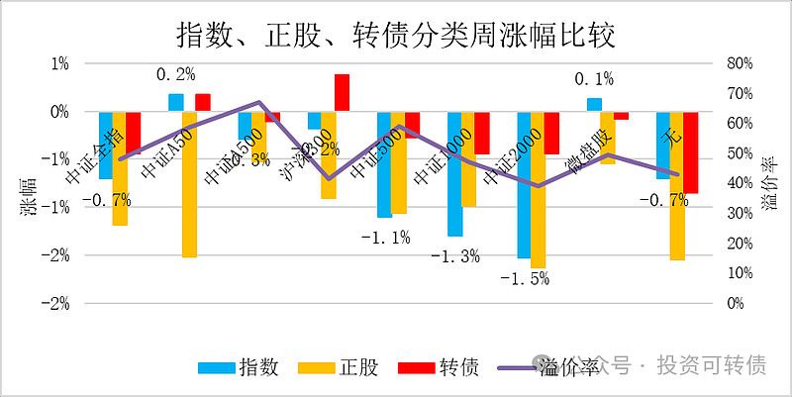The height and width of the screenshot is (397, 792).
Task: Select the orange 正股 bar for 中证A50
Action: tap(189, 184)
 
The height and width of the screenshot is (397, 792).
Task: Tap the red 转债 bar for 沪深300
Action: tap(342, 93)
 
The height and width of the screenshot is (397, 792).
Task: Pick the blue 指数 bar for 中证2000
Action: tap(524, 185)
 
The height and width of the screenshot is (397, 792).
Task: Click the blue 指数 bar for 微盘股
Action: tap(594, 105)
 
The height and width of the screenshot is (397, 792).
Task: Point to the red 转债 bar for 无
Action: tap(691, 152)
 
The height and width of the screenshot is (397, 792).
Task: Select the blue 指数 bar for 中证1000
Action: tap(454, 174)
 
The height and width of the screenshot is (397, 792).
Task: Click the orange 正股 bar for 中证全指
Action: tap(120, 168)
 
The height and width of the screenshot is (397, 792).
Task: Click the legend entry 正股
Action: tap(343, 367)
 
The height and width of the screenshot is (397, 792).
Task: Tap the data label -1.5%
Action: tap(525, 279)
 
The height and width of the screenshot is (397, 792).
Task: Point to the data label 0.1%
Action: tap(594, 79)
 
